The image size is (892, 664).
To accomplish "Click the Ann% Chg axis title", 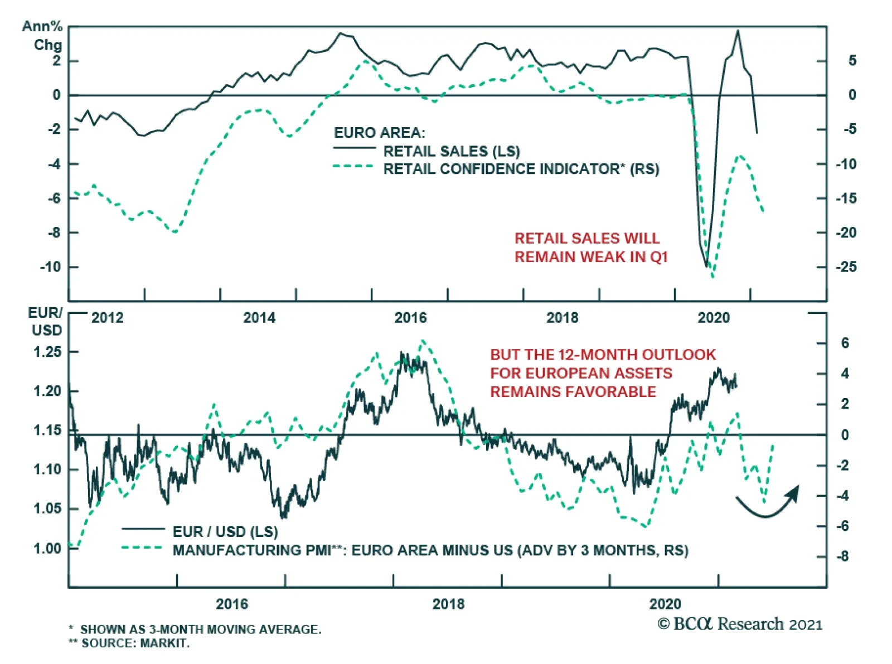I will point(42,36).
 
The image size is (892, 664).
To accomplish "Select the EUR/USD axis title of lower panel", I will point(45,322).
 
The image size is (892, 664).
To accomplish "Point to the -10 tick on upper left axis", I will point(50,267).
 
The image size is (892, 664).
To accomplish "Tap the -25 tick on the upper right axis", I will point(846,267).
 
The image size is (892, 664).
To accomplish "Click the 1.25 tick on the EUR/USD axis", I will point(47,352).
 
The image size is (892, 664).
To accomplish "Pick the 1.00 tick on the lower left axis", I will point(47,549).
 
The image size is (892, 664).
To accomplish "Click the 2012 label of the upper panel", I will point(107,318).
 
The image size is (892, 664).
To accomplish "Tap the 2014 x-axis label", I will point(259,318).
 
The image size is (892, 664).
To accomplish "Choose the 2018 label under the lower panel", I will point(448,604).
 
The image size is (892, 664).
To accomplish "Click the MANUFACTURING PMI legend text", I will point(430,550).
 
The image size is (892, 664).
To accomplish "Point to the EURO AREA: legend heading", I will point(379,133).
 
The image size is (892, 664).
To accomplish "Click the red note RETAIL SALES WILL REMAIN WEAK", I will point(590,248).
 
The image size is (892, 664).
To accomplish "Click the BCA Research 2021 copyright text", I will point(740,624).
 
